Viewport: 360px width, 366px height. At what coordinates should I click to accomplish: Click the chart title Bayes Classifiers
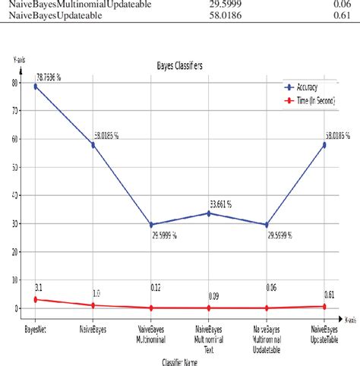point(179,67)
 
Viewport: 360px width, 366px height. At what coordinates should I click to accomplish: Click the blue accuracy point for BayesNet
point(36,87)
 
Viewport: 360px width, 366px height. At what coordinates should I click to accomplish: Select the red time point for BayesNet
point(36,299)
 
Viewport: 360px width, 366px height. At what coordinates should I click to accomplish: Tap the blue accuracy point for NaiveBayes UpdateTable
point(325,144)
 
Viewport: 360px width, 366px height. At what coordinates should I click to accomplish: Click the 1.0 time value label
point(96,293)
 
